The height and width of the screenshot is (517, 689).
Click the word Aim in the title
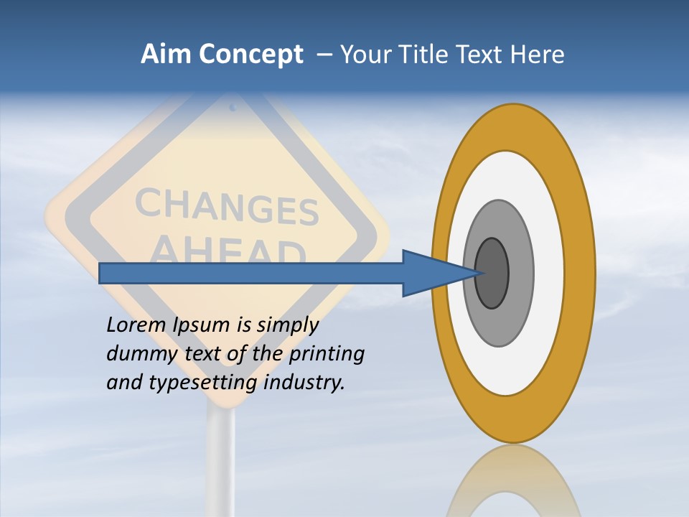[x=166, y=54]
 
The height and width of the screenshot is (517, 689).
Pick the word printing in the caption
[x=327, y=354]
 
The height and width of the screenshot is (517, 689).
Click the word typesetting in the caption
[x=205, y=383]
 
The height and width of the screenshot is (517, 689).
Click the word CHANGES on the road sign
[x=226, y=206]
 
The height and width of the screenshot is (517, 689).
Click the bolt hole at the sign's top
[x=233, y=108]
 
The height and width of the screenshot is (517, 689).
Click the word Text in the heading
[x=479, y=54]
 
